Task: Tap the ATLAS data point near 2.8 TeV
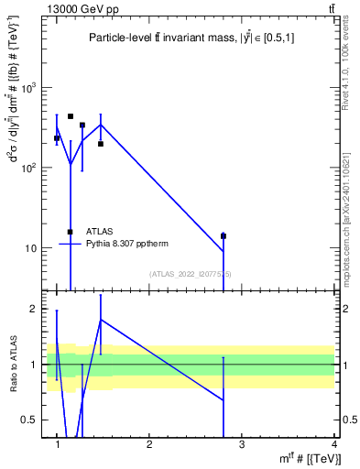coord(224,236)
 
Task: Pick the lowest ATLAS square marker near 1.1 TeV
coord(71,232)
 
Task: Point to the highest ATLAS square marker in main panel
coord(71,116)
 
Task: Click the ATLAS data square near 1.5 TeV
coord(101,144)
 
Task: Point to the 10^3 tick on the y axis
coord(32,88)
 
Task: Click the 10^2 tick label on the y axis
coord(32,169)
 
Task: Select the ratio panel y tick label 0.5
coord(36,420)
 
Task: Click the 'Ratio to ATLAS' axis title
coord(13,365)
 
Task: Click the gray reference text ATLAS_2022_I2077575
coord(191,274)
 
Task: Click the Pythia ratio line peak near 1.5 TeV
coord(101,320)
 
